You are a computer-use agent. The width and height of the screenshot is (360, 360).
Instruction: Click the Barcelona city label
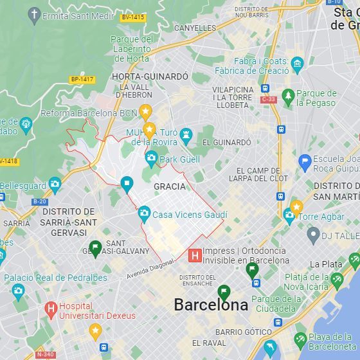pos(211,305)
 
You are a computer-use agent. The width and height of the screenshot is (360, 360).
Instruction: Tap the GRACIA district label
pos(170,186)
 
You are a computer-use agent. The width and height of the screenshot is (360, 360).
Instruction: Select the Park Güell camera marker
pos(151,158)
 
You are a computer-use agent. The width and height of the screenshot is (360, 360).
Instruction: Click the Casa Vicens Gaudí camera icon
pos(144,213)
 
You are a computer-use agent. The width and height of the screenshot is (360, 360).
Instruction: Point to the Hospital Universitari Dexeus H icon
pos(51,310)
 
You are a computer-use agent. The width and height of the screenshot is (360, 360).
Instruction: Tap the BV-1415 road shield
pos(132,17)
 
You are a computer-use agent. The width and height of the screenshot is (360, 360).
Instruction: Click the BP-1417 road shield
pos(82,80)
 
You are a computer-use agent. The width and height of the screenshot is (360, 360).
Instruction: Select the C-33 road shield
pos(268,100)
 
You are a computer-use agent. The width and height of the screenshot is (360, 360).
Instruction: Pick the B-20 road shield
pos(39,201)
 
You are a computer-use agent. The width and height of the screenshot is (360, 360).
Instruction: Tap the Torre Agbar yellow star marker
pos(296,207)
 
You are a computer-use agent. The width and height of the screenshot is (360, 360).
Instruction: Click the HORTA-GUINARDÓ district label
pos(150,76)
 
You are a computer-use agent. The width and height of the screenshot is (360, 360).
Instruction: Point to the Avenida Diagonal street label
pos(150,269)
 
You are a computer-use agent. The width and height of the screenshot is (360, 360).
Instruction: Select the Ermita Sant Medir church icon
pos(35,15)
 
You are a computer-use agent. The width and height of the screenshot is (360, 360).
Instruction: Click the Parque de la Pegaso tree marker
pos(288,96)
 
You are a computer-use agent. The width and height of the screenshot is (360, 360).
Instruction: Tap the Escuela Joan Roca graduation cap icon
pos(305,162)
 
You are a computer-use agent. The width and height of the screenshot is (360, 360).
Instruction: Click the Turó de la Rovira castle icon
pos(186,135)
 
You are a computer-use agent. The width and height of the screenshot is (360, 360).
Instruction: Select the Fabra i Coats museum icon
pos(296,64)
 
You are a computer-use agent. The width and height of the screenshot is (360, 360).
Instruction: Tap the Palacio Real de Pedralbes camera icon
pos(18,291)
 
